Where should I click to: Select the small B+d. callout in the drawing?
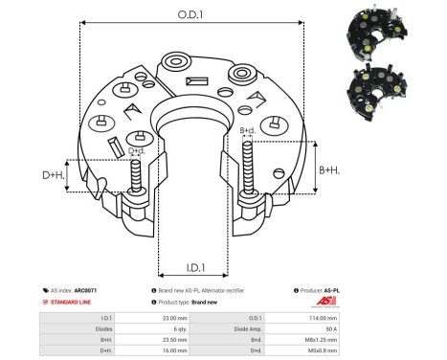(x=246, y=130)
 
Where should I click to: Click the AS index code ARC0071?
(x=85, y=290)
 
